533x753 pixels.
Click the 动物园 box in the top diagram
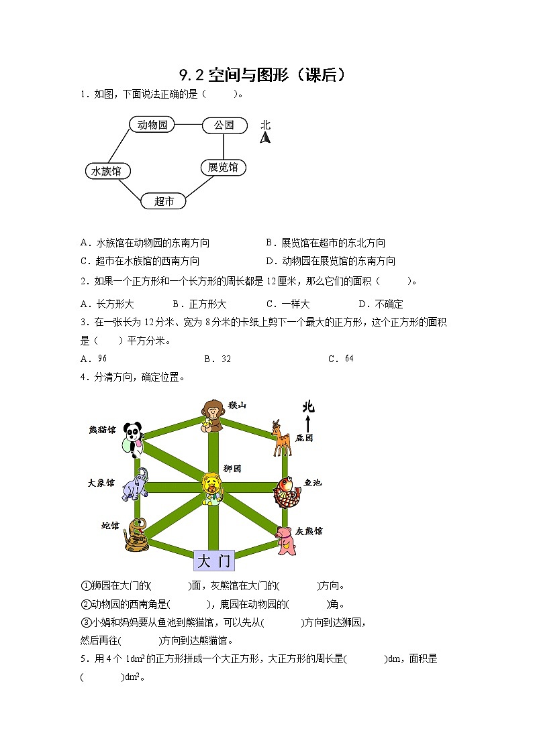(152, 125)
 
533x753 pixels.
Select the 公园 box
(224, 125)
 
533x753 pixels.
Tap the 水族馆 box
(107, 171)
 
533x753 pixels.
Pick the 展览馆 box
(224, 167)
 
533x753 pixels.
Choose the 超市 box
(164, 200)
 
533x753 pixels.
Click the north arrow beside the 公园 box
(265, 137)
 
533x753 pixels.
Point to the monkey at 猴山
(213, 416)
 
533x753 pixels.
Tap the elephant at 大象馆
(136, 485)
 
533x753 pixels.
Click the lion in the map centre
(213, 488)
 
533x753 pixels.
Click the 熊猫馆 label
(102, 429)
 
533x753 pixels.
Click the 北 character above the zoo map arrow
(308, 407)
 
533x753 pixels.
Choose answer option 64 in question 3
(349, 359)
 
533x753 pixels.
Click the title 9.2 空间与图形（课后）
(265, 74)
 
